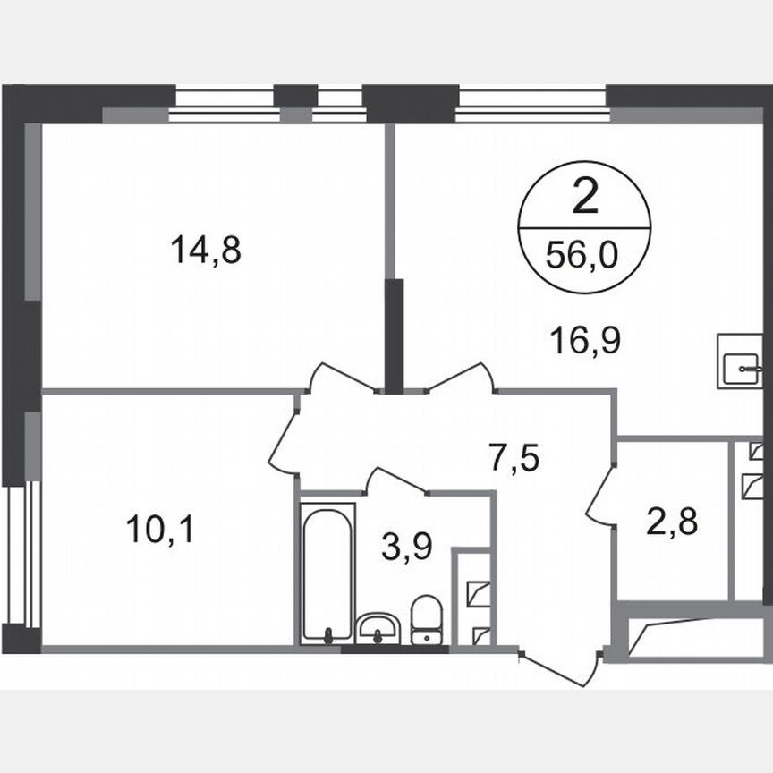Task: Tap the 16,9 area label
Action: pos(586,340)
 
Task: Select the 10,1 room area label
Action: pos(160,531)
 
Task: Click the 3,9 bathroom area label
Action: pos(407,545)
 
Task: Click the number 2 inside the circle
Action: pos(584,199)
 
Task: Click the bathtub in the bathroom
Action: pos(327,573)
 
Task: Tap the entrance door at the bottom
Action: pos(559,667)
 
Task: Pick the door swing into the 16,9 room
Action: pos(461,378)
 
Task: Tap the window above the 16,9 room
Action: pos(531,102)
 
